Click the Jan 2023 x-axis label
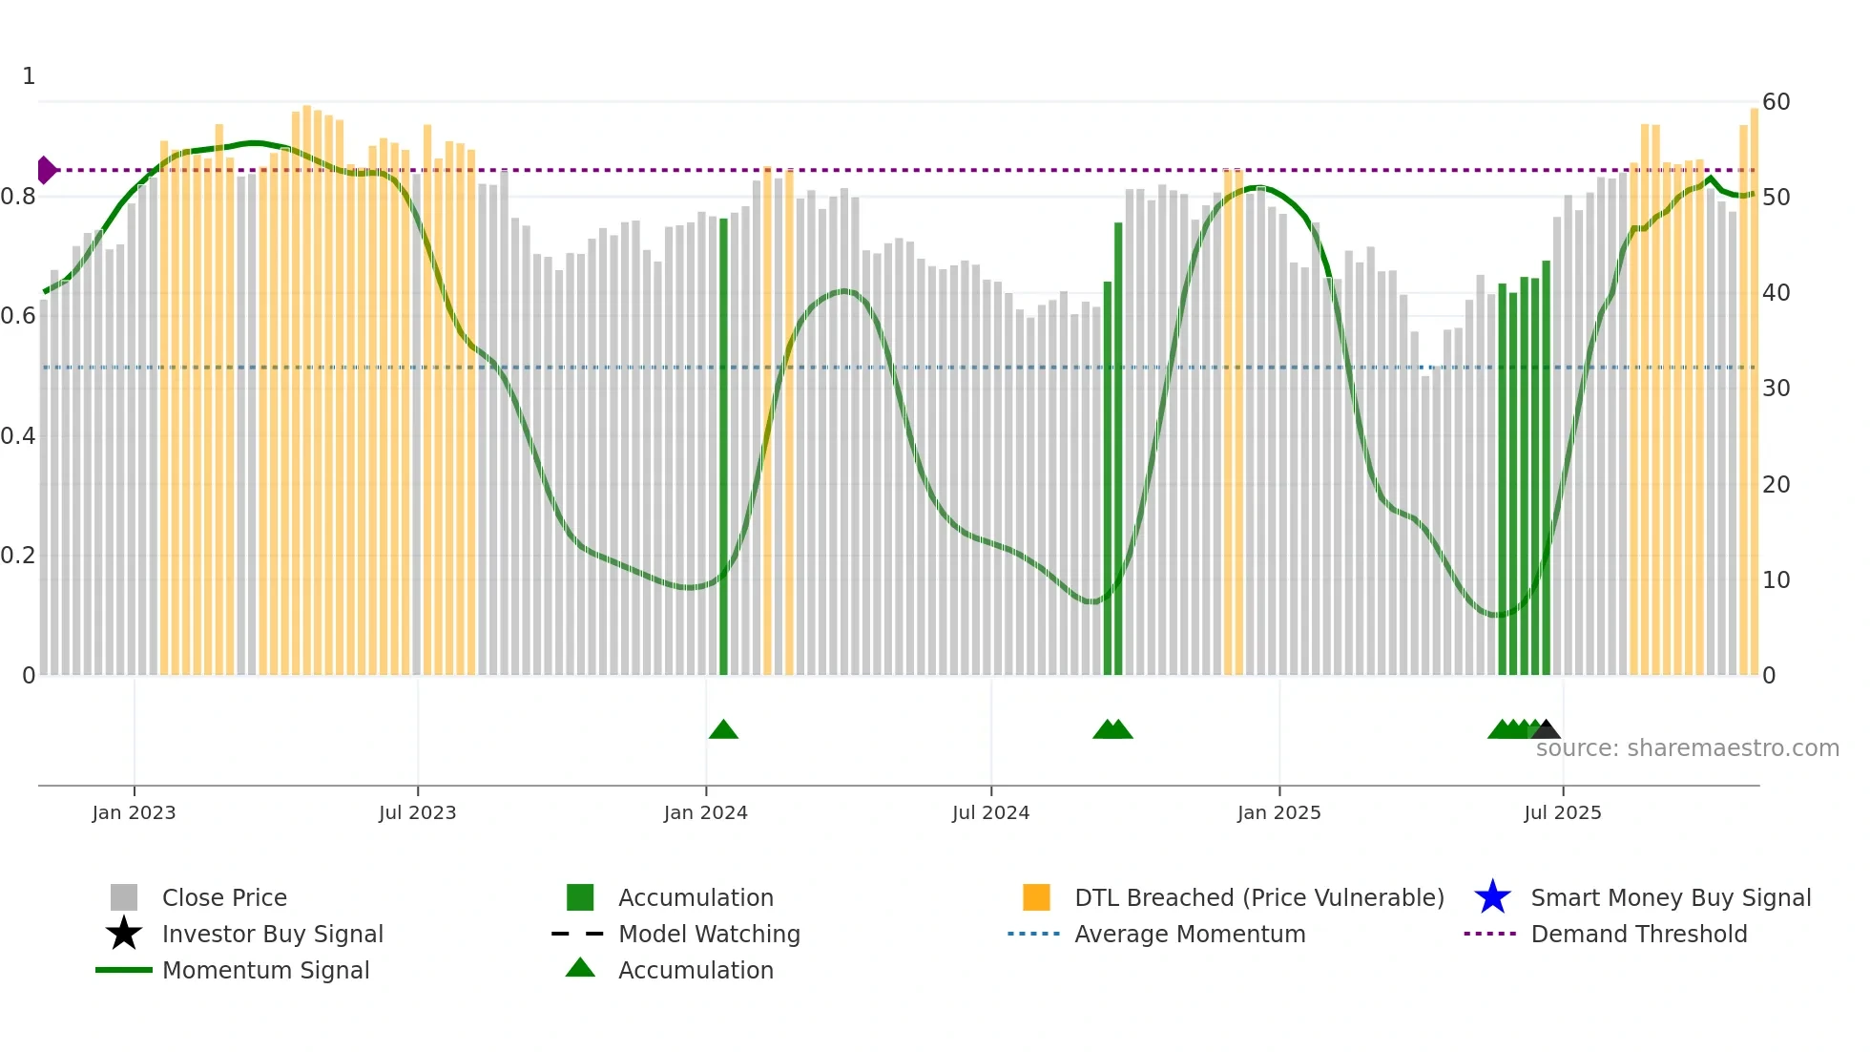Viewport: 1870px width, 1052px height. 134,812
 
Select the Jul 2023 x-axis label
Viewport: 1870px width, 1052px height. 417,812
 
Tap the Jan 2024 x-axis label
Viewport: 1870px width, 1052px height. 705,812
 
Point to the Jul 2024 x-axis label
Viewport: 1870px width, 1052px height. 990,812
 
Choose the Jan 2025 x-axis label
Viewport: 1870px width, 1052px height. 1278,812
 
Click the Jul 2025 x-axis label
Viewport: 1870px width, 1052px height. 1562,812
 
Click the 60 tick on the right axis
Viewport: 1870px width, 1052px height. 1776,102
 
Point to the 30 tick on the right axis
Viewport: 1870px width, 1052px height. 1776,389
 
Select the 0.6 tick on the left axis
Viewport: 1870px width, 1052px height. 18,316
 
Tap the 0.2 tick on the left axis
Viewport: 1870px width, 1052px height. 18,556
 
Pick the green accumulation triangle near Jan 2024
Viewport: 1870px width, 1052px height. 723,730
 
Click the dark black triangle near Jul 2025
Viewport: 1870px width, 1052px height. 1547,730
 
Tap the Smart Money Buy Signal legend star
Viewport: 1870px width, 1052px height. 1492,897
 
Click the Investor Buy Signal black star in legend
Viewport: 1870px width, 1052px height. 124,934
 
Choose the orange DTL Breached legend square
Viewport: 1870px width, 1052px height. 1036,897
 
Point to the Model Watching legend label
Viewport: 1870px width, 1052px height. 709,934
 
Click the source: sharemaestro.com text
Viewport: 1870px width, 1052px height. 1687,748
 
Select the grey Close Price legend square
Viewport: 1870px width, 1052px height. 124,897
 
